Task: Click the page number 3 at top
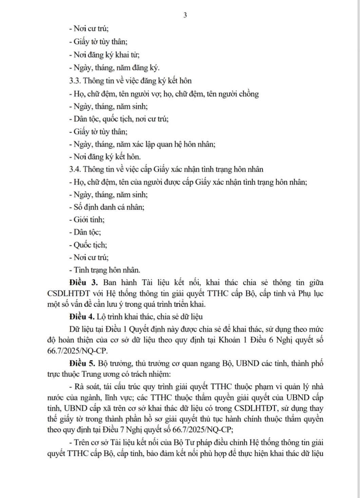(x=185, y=15)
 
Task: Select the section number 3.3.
(x=75, y=81)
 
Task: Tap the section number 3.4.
(x=75, y=169)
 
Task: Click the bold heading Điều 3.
(x=83, y=283)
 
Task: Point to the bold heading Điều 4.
(x=81, y=317)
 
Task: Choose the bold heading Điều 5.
(x=82, y=364)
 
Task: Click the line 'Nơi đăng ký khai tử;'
(x=104, y=55)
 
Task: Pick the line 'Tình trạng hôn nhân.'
(x=105, y=270)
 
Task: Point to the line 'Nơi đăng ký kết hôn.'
(x=105, y=157)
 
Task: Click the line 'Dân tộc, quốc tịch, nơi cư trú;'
(x=118, y=119)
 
